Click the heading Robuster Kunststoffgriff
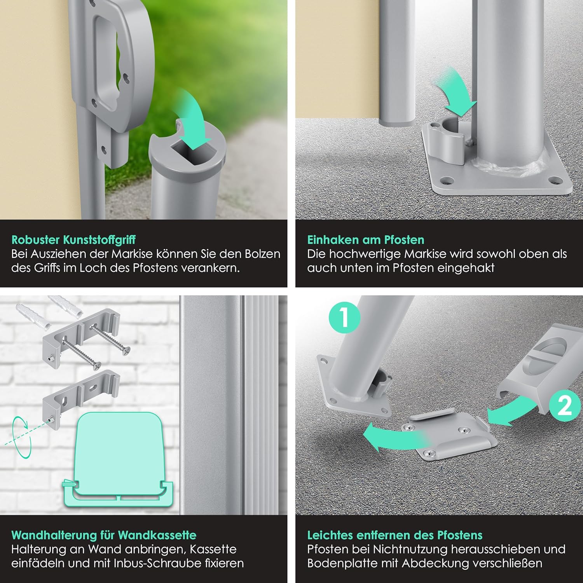point(73,240)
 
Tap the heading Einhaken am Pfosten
point(365,239)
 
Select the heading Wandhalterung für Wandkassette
point(104,535)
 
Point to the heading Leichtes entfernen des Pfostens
point(395,535)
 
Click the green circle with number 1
point(344,318)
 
